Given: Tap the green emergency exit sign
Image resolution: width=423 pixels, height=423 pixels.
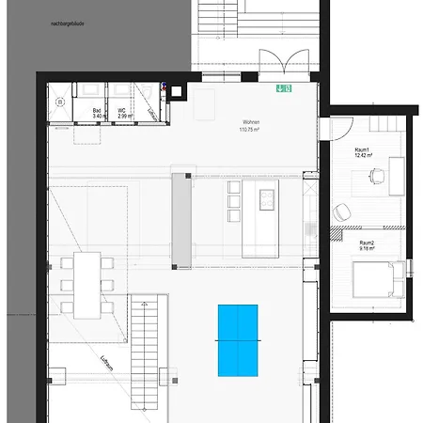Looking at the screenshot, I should pyautogui.click(x=281, y=89).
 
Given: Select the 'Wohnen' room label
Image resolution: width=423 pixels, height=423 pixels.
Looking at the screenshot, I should pyautogui.click(x=251, y=123).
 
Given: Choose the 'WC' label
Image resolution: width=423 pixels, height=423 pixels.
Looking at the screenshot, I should pyautogui.click(x=123, y=109).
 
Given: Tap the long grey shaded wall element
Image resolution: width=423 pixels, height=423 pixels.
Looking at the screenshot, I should pyautogui.click(x=181, y=219).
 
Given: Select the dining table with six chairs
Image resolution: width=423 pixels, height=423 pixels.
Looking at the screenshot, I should pyautogui.click(x=86, y=283).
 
